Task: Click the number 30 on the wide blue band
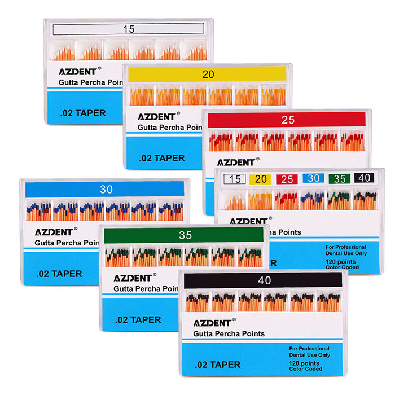[106, 190]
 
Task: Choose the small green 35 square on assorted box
[339, 179]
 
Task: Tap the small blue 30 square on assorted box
[312, 179]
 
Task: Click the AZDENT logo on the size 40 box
[212, 323]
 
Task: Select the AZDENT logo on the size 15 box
[78, 72]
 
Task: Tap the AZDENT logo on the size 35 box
[133, 278]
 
